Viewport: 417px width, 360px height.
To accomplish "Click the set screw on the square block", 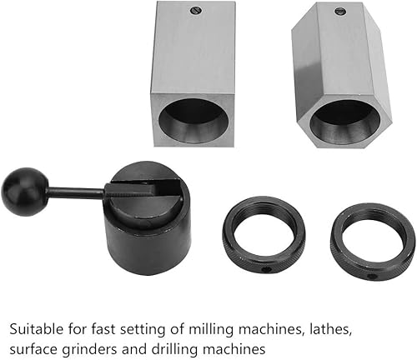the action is click(197, 11).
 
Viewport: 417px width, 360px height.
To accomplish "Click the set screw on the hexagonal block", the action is click(339, 11).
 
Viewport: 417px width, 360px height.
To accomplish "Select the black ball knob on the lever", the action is click(25, 192).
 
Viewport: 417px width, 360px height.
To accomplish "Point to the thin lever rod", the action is click(78, 192).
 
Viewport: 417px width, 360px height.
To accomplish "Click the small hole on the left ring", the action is click(267, 270).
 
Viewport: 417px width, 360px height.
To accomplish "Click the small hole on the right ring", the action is click(372, 277).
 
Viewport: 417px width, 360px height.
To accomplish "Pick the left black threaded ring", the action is click(264, 236).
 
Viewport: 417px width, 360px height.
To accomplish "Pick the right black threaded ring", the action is click(373, 242).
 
